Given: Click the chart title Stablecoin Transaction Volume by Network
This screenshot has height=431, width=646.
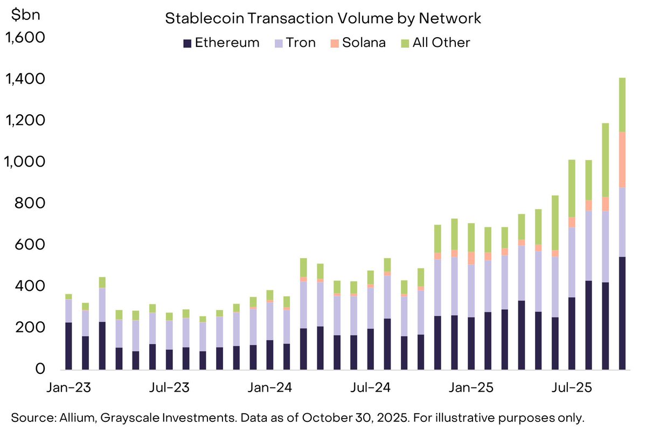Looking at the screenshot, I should pyautogui.click(x=322, y=18).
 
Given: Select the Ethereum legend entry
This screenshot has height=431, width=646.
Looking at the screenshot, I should pyautogui.click(x=221, y=43).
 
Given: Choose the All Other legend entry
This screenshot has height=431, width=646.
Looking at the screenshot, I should pyautogui.click(x=435, y=43).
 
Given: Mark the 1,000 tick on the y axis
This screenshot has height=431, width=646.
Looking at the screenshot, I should pyautogui.click(x=25, y=162).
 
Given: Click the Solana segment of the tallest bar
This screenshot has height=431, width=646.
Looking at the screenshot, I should pyautogui.click(x=622, y=159).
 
